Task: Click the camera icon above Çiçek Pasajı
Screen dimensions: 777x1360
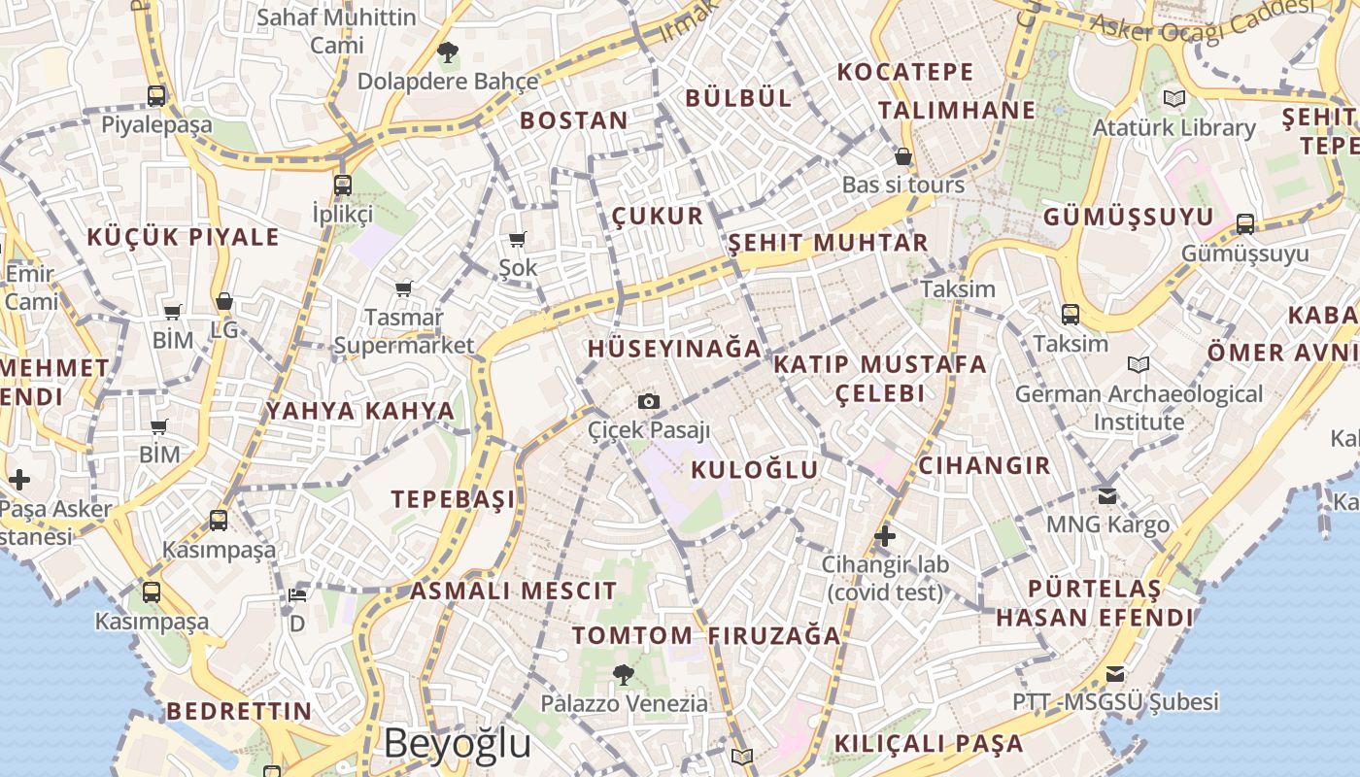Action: pos(648,401)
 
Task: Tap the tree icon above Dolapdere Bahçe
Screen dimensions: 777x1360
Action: pos(447,51)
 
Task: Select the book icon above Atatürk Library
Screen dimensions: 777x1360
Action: pos(1173,98)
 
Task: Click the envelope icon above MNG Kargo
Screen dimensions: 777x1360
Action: pos(1106,495)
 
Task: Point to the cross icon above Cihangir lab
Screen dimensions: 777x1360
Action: pos(884,535)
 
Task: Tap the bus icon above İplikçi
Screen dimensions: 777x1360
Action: pos(342,185)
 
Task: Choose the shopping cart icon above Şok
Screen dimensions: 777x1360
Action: pos(517,239)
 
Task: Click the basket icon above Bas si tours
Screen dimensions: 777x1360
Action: pos(903,156)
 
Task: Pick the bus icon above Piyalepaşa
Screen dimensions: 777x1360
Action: pos(156,95)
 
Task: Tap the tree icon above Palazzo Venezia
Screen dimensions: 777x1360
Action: pos(624,673)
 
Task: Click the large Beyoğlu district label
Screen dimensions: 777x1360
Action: pos(458,743)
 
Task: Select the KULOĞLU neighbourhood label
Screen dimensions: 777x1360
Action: pos(755,470)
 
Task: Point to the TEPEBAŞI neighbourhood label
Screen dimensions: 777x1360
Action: pos(453,499)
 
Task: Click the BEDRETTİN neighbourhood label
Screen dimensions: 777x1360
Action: pos(239,711)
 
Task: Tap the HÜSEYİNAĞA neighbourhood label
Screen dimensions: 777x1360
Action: pos(674,348)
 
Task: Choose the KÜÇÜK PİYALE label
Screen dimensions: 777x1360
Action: pos(183,237)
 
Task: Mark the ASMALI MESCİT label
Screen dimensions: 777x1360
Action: pos(513,591)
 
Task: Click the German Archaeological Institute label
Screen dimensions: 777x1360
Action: pos(1139,408)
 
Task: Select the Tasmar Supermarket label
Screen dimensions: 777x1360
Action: pos(404,331)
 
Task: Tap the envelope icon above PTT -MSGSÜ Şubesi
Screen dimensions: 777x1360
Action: pos(1114,673)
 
